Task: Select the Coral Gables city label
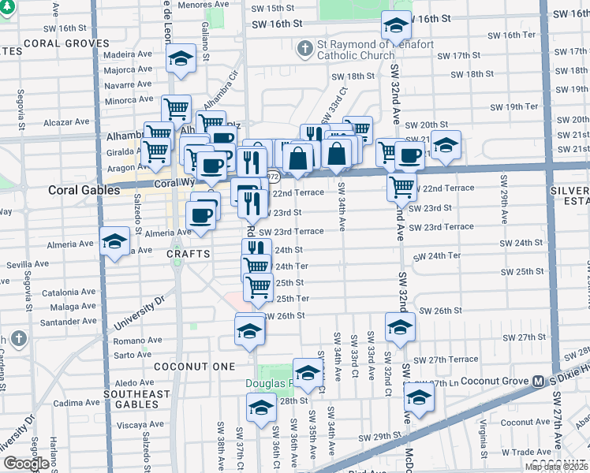click(x=84, y=190)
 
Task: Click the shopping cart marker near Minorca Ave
click(x=177, y=108)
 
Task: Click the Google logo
click(x=26, y=464)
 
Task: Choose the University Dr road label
click(x=142, y=313)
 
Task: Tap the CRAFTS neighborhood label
click(x=189, y=254)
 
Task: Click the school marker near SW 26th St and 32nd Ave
click(x=400, y=325)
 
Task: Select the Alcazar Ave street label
click(x=67, y=122)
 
